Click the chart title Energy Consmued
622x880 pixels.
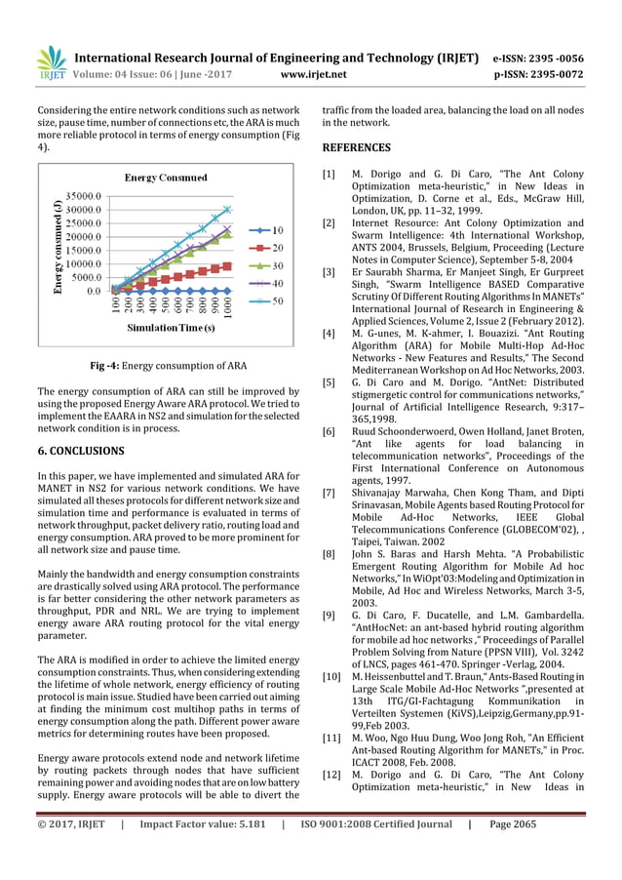165,178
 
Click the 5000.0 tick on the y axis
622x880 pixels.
85,277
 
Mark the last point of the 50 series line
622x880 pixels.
227,209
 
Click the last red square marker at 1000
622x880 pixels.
227,265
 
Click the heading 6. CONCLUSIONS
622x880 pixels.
80,451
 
